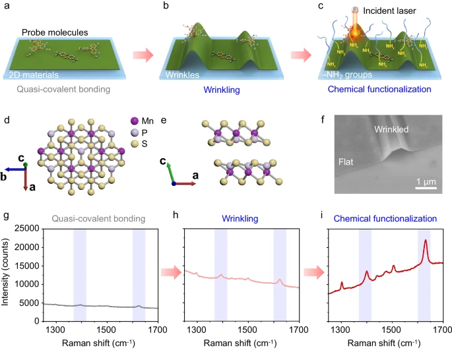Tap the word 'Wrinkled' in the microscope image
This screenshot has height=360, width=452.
tap(395, 130)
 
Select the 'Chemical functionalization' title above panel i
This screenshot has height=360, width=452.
tap(386, 217)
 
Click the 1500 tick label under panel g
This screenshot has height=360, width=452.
tap(106, 329)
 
